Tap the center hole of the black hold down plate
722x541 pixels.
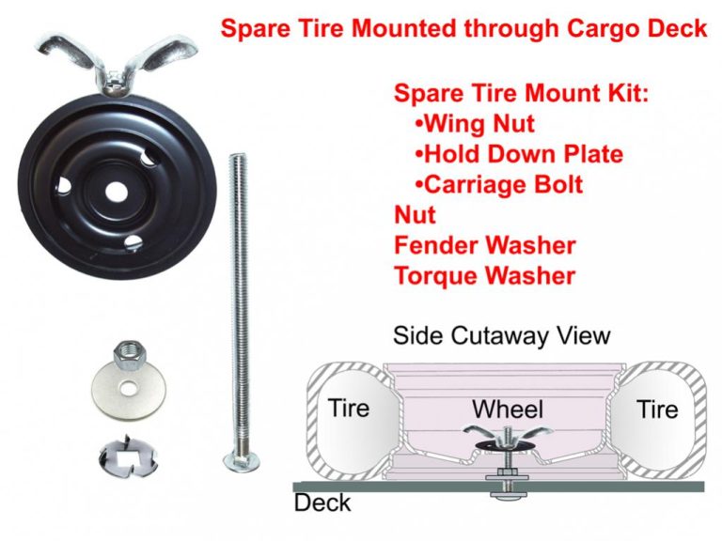pyautogui.click(x=116, y=193)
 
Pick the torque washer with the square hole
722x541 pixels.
pyautogui.click(x=128, y=456)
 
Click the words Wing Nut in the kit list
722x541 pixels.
pyautogui.click(x=479, y=124)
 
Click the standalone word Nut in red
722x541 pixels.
pyautogui.click(x=415, y=215)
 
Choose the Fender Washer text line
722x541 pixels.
pyautogui.click(x=485, y=245)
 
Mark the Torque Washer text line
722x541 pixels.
pyautogui.click(x=485, y=275)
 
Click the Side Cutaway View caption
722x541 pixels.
pyautogui.click(x=501, y=335)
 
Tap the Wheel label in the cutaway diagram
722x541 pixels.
pyautogui.click(x=508, y=409)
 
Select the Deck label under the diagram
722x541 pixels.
pyautogui.click(x=322, y=502)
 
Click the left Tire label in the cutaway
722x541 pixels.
pyautogui.click(x=349, y=408)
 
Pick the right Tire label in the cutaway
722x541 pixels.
pyautogui.click(x=657, y=409)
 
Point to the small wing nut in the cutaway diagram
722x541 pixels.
pyautogui.click(x=508, y=435)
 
